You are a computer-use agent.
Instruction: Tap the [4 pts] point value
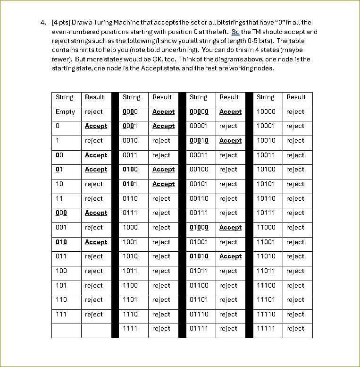click(60, 23)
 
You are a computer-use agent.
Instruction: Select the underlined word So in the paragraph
click(236, 32)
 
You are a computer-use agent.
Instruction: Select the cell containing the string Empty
click(65, 112)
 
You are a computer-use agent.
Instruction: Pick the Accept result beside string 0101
click(163, 184)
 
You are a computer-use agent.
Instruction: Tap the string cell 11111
click(266, 329)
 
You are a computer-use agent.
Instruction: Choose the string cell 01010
click(199, 256)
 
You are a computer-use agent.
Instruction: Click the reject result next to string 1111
click(161, 329)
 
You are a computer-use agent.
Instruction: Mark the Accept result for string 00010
click(230, 141)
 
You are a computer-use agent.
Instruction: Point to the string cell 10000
click(266, 112)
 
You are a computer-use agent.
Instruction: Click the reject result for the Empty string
click(94, 112)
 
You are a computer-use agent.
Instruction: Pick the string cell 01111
click(199, 329)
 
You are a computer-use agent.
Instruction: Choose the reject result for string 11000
click(295, 228)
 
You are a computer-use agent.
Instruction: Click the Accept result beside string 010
click(96, 242)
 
